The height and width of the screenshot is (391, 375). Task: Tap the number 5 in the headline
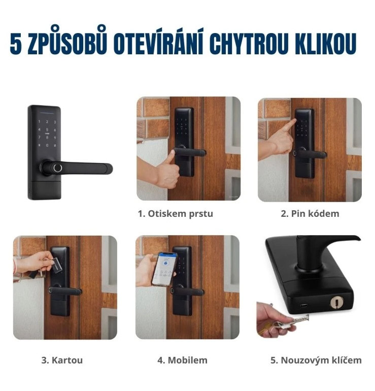pyautogui.click(x=15, y=44)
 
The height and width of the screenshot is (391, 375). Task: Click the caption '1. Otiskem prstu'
pyautogui.click(x=176, y=214)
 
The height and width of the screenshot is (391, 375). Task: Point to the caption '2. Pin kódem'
pyautogui.click(x=310, y=214)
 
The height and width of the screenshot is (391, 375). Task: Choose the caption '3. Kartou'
pyautogui.click(x=62, y=361)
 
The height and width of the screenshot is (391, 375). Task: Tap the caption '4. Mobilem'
pyautogui.click(x=182, y=361)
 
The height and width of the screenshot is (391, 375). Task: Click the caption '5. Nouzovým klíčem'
pyautogui.click(x=316, y=361)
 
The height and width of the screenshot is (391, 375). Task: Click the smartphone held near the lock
pyautogui.click(x=164, y=269)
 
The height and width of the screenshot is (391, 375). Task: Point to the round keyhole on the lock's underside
pyautogui.click(x=335, y=303)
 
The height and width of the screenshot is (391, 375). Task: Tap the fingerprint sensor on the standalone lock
pyautogui.click(x=57, y=168)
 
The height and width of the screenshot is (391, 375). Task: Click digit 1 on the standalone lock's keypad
pyautogui.click(x=39, y=122)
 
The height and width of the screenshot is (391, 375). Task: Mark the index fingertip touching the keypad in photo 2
pyautogui.click(x=294, y=121)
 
